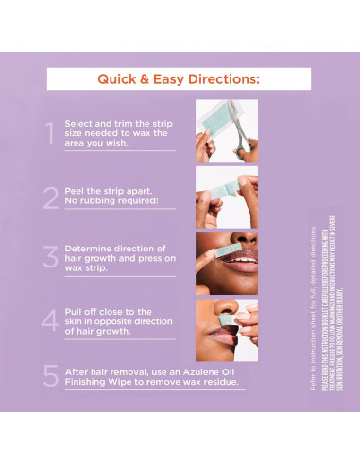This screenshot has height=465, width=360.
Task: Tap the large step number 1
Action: [50, 133]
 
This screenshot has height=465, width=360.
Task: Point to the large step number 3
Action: [50, 258]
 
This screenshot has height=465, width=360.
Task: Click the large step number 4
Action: [50, 320]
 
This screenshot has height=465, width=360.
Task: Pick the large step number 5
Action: [50, 377]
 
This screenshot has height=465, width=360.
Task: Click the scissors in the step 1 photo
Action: [243, 137]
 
